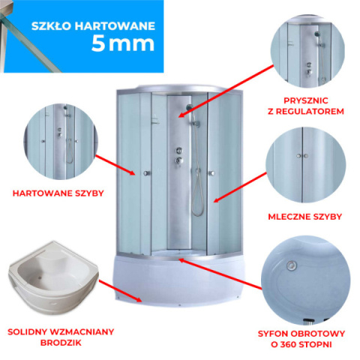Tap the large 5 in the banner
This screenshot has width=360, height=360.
[98, 43]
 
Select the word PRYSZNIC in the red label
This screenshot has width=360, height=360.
[306, 100]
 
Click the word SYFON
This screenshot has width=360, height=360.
[273, 334]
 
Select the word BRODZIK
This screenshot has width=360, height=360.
[61, 343]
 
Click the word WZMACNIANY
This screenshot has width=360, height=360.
[82, 332]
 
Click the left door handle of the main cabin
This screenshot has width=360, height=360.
[147, 173]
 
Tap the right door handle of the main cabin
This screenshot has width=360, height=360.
[211, 173]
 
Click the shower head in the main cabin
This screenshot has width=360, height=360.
[189, 107]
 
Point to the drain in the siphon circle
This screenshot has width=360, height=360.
[291, 265]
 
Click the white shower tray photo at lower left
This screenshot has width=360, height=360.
[54, 274]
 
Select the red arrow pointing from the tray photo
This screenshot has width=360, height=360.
[120, 291]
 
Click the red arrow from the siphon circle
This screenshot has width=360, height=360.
[220, 274]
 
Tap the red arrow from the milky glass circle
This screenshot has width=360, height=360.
[240, 187]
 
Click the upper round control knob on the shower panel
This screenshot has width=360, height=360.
[178, 151]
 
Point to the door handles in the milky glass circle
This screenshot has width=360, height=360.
[302, 156]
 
